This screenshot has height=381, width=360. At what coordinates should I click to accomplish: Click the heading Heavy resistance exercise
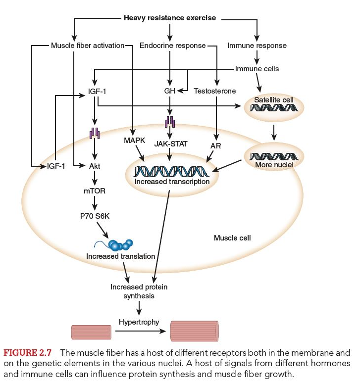(x=169, y=18)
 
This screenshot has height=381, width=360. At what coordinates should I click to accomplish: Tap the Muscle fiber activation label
(x=87, y=46)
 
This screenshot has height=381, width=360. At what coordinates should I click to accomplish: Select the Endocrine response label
(x=172, y=46)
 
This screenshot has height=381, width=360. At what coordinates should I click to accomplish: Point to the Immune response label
(x=257, y=46)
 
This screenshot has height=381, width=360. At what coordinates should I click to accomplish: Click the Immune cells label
(x=257, y=69)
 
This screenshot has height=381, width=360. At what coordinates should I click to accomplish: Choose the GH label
(x=170, y=91)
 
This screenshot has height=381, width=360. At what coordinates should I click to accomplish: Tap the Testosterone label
(x=215, y=91)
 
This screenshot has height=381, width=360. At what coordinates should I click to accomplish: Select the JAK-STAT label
(x=170, y=144)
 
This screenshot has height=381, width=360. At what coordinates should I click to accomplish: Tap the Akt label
(x=94, y=167)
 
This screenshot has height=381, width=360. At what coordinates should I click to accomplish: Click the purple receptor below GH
(x=170, y=121)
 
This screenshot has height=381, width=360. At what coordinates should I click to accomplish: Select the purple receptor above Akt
(x=94, y=134)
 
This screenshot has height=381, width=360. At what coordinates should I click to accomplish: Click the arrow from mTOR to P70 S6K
(x=94, y=202)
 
